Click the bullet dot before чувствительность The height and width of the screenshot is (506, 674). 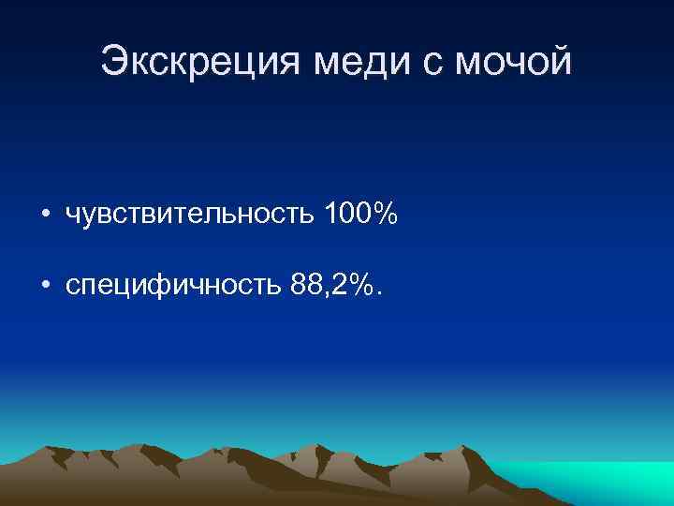click(x=45, y=216)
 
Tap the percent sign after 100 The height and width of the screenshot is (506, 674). click(x=386, y=216)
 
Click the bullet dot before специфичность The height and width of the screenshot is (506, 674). click(x=45, y=285)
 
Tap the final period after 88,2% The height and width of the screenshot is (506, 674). click(x=378, y=292)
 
